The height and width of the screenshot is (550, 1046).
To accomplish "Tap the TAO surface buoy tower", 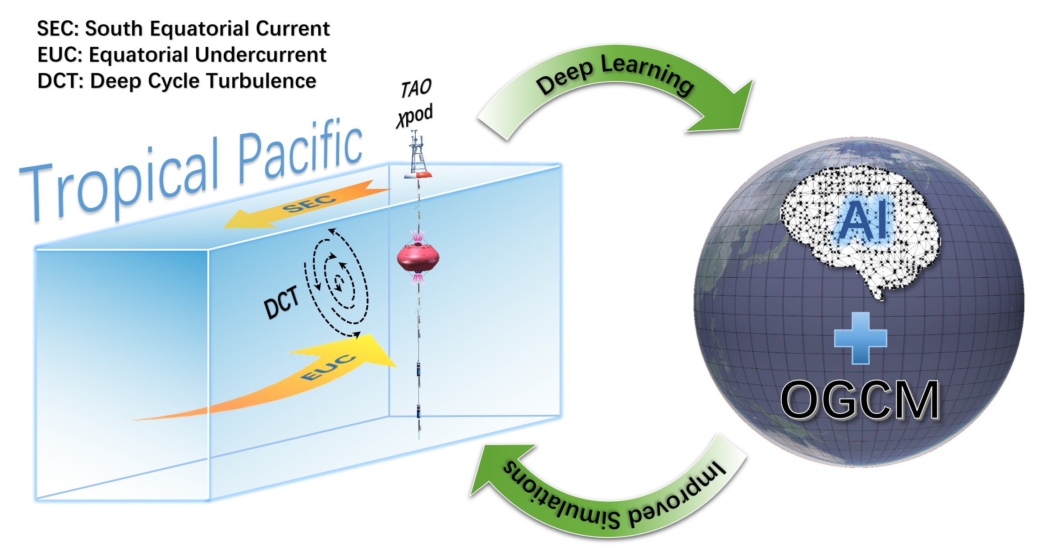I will click(417, 156).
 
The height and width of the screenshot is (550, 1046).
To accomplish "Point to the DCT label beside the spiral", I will click(281, 302).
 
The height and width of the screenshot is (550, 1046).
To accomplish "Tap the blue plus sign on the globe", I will click(860, 338).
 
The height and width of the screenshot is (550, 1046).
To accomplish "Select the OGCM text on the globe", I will click(860, 400).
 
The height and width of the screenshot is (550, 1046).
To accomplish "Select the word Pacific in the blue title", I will click(300, 151).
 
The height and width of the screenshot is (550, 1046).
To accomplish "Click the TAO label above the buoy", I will click(416, 88).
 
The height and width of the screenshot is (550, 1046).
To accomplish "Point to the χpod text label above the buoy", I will click(415, 115).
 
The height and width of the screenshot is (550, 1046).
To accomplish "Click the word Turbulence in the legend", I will click(261, 81).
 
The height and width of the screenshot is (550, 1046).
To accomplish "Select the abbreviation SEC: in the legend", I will click(58, 28).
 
